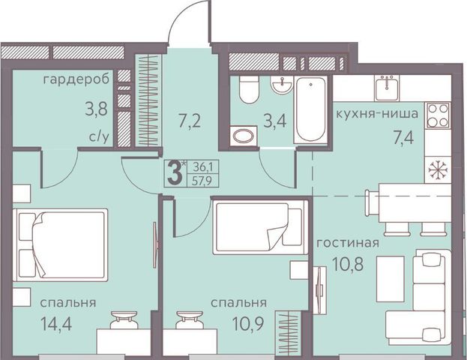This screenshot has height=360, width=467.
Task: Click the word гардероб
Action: pyautogui.click(x=76, y=80)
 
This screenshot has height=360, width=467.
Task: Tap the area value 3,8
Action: pyautogui.click(x=96, y=109)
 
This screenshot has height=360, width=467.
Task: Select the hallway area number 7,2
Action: pyautogui.click(x=190, y=121)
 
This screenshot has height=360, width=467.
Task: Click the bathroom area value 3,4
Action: pyautogui.click(x=275, y=121)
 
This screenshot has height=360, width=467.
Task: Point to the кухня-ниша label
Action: pyautogui.click(x=377, y=113)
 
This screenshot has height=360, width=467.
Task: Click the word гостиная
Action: pyautogui.click(x=348, y=243)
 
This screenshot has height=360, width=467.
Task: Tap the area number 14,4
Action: pyautogui.click(x=56, y=324)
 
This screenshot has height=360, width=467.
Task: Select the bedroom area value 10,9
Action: pyautogui.click(x=248, y=324)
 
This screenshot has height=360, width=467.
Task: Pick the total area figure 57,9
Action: pyautogui.click(x=202, y=181)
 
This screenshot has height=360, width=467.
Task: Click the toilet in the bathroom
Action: pyautogui.click(x=249, y=89)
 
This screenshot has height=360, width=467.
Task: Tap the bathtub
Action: pyautogui.click(x=310, y=109)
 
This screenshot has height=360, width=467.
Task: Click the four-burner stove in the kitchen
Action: pyautogui.click(x=438, y=115)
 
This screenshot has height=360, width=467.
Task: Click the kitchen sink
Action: pyautogui.click(x=387, y=88)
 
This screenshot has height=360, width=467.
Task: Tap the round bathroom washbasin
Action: pyautogui.click(x=281, y=84)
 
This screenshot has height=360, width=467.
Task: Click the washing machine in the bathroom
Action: pyautogui.click(x=244, y=136)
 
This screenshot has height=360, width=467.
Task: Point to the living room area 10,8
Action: pyautogui.click(x=348, y=263)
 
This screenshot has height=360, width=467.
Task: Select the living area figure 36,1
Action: pyautogui.click(x=202, y=167)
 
